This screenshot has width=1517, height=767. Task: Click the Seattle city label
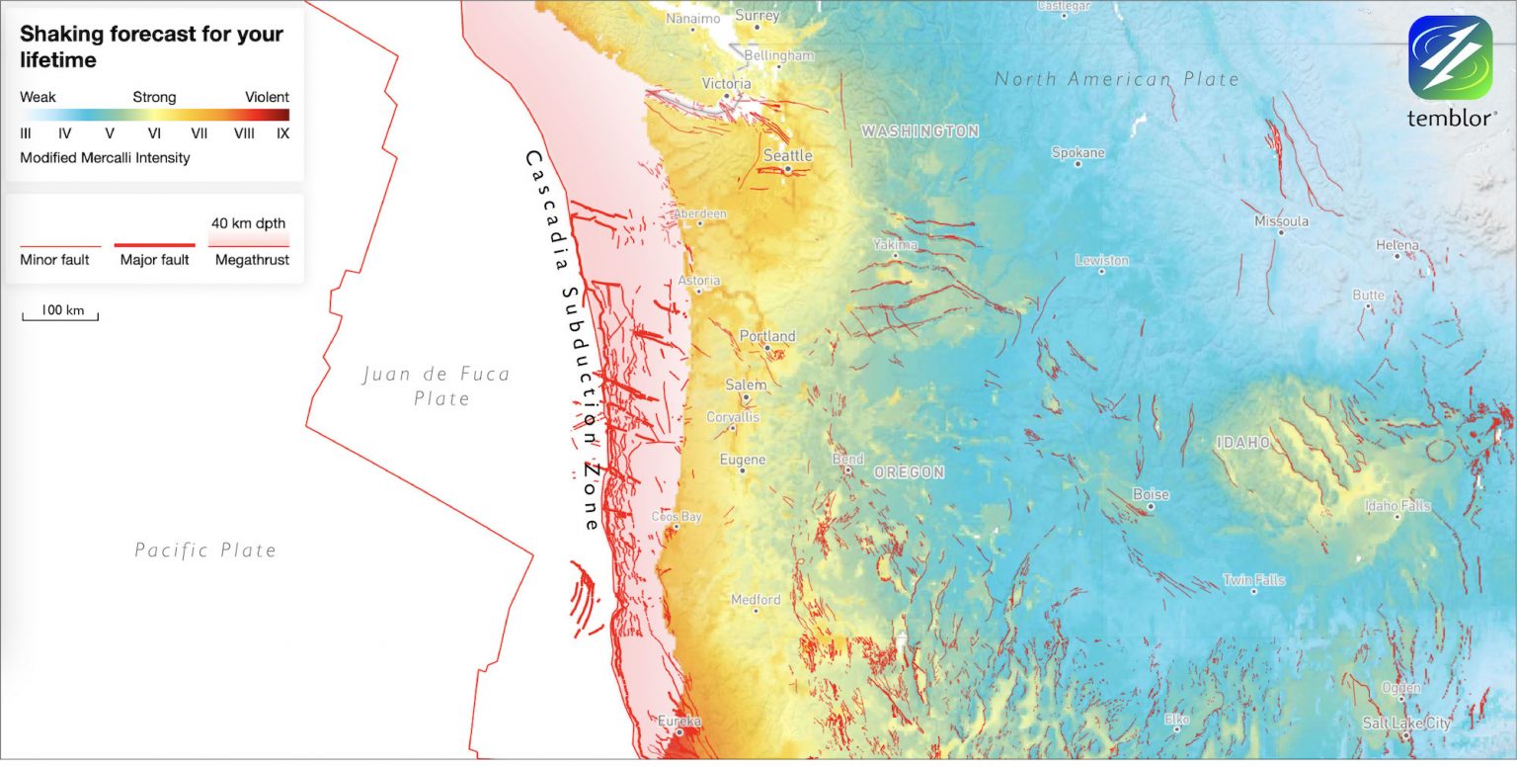pos(787,155)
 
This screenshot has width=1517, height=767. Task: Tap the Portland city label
pos(767,336)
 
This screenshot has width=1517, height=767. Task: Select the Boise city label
pos(1151,494)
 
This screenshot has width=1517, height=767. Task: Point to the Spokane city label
pos(1078,153)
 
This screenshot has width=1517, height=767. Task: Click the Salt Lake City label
pos(1406,724)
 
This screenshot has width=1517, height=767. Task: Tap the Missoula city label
pos(1281,221)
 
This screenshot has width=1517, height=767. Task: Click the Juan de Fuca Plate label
pos(437,385)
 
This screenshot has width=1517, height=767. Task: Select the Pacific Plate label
pos(205,550)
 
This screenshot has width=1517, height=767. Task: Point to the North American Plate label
pos(1116,79)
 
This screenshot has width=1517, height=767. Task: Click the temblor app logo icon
pos(1450,57)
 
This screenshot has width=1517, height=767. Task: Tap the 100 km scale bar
pos(61,313)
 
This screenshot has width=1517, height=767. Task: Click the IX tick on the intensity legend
pos(282,132)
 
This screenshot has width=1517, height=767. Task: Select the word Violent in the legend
pos(267,97)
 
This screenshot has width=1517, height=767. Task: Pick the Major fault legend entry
pos(155,259)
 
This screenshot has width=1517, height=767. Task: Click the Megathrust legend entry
pos(252,259)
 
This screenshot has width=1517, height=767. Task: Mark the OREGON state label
pos(909,472)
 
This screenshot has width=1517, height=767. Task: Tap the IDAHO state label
pos(1243,443)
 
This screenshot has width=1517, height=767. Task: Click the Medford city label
pos(756,600)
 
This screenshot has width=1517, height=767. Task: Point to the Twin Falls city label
pos(1253,580)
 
